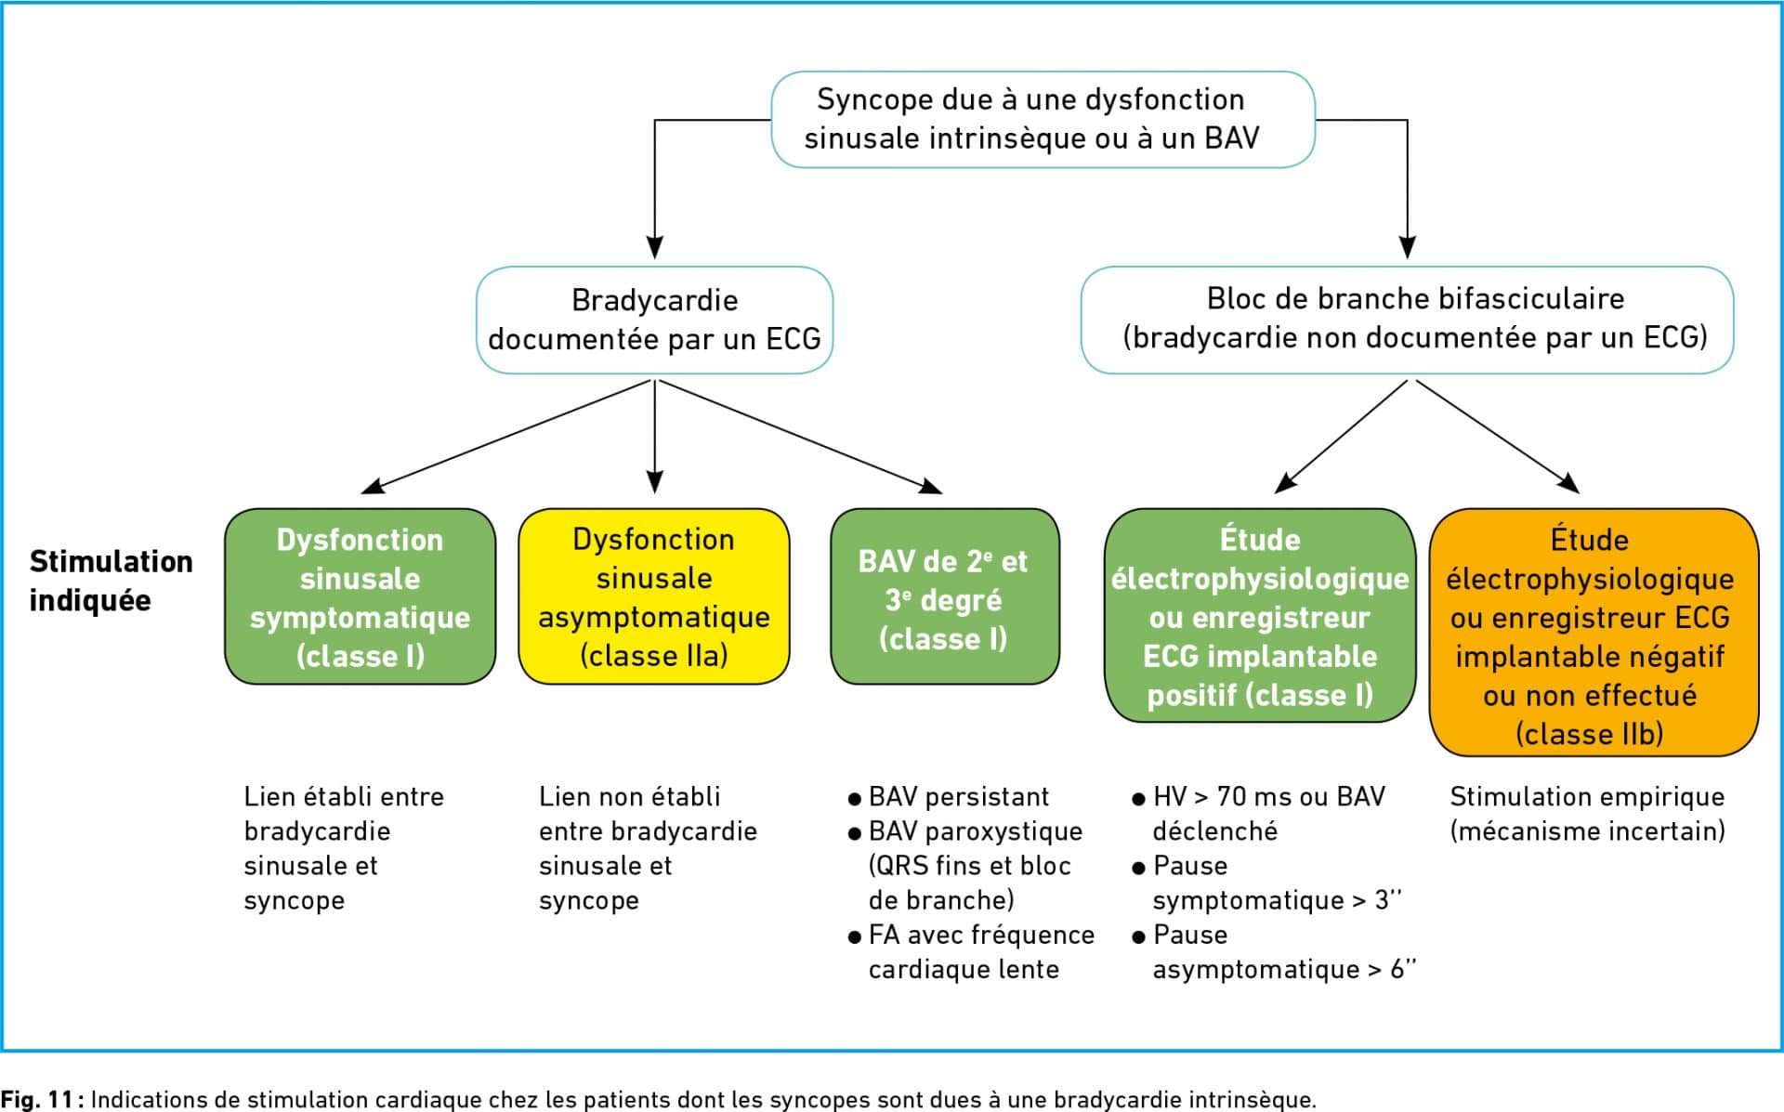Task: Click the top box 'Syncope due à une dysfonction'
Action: (x=1043, y=119)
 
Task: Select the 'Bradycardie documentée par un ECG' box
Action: (x=654, y=320)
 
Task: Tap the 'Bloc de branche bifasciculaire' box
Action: (x=1407, y=320)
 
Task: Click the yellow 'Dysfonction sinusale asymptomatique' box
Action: (x=654, y=596)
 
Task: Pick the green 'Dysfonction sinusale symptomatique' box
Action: (x=361, y=596)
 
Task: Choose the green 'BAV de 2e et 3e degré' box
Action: (x=945, y=596)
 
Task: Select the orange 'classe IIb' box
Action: (x=1594, y=632)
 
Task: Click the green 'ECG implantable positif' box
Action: (x=1260, y=615)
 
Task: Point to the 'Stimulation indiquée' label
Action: (x=111, y=581)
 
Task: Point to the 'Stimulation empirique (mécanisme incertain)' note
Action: (x=1587, y=813)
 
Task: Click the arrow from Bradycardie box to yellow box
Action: (x=654, y=436)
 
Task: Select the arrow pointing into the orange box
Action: (x=1497, y=436)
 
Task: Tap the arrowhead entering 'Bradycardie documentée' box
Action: (x=654, y=246)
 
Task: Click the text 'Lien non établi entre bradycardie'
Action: (x=648, y=813)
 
